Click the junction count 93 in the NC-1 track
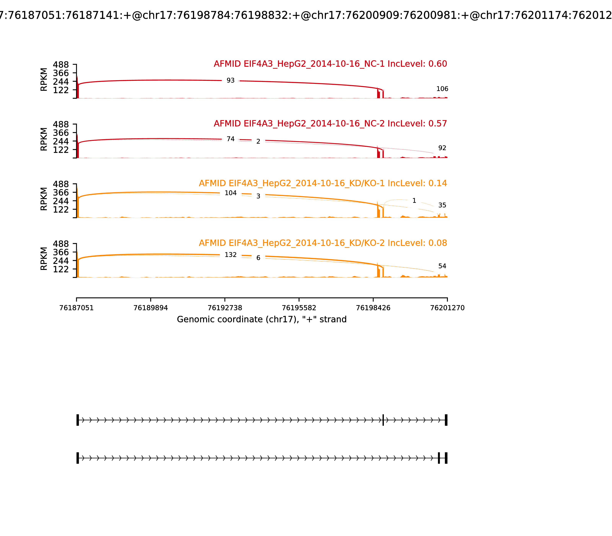(x=230, y=80)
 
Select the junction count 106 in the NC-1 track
(x=442, y=89)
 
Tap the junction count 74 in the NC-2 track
(x=230, y=139)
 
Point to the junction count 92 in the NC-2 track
(x=442, y=148)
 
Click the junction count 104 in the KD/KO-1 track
(x=230, y=193)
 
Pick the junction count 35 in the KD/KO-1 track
(x=442, y=205)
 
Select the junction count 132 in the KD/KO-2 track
(x=230, y=255)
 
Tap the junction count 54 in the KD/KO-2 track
(x=442, y=266)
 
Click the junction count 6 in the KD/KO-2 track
(x=258, y=258)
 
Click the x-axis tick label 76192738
(x=225, y=308)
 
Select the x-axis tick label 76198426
(x=373, y=308)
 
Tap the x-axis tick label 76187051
(x=76, y=308)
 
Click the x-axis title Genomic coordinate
(x=261, y=319)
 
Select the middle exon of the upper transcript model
(x=383, y=420)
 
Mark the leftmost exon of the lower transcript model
(x=78, y=458)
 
